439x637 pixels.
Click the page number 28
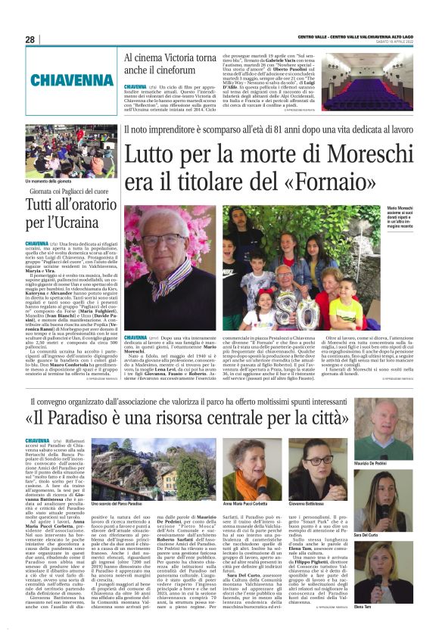[30, 39]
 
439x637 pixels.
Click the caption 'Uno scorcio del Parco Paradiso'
[117, 502]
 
